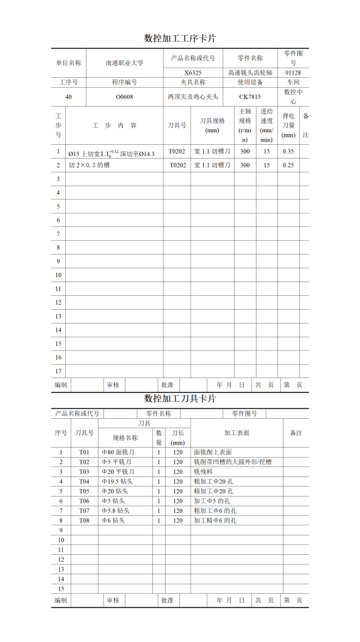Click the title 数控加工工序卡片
tap(180, 38)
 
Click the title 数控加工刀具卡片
tap(180, 399)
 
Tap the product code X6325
tap(193, 73)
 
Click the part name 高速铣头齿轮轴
tap(250, 73)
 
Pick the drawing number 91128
tap(294, 73)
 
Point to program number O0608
tap(124, 97)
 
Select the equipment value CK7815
tap(250, 97)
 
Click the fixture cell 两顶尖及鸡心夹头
tap(193, 97)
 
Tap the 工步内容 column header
tap(115, 125)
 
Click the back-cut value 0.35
tap(289, 151)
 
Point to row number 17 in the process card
tap(58, 371)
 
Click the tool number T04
tap(84, 481)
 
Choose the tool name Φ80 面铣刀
tap(119, 452)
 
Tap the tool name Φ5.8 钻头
tap(119, 510)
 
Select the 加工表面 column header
tap(236, 433)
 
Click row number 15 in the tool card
tap(61, 589)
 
